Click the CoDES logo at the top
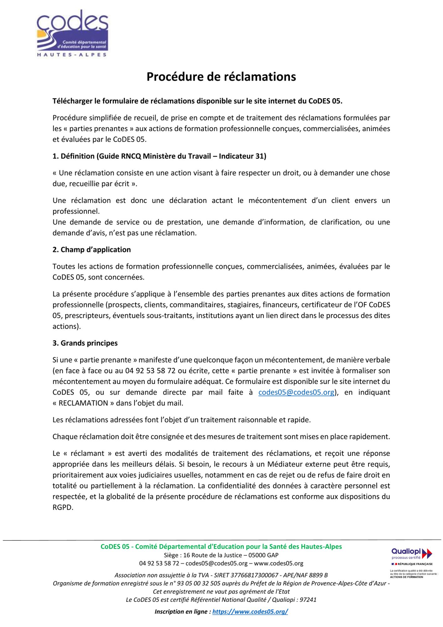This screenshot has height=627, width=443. pos(72,31)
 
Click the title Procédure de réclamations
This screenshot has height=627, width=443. pos(221,77)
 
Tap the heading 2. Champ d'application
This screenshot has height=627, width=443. pos(91,250)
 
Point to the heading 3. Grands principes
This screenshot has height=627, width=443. pos(85,343)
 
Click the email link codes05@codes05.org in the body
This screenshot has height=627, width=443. pos(296,392)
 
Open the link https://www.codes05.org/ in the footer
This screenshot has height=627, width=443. pos(250,611)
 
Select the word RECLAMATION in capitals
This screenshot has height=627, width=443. pos(83,403)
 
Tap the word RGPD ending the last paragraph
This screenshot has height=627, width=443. pos(63,507)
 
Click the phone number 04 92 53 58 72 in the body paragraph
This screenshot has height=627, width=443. pos(150,371)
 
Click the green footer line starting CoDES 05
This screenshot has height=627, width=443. pos(221,546)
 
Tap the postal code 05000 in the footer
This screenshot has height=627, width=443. pos(257,555)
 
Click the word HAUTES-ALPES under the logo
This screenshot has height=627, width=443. pos(72,55)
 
